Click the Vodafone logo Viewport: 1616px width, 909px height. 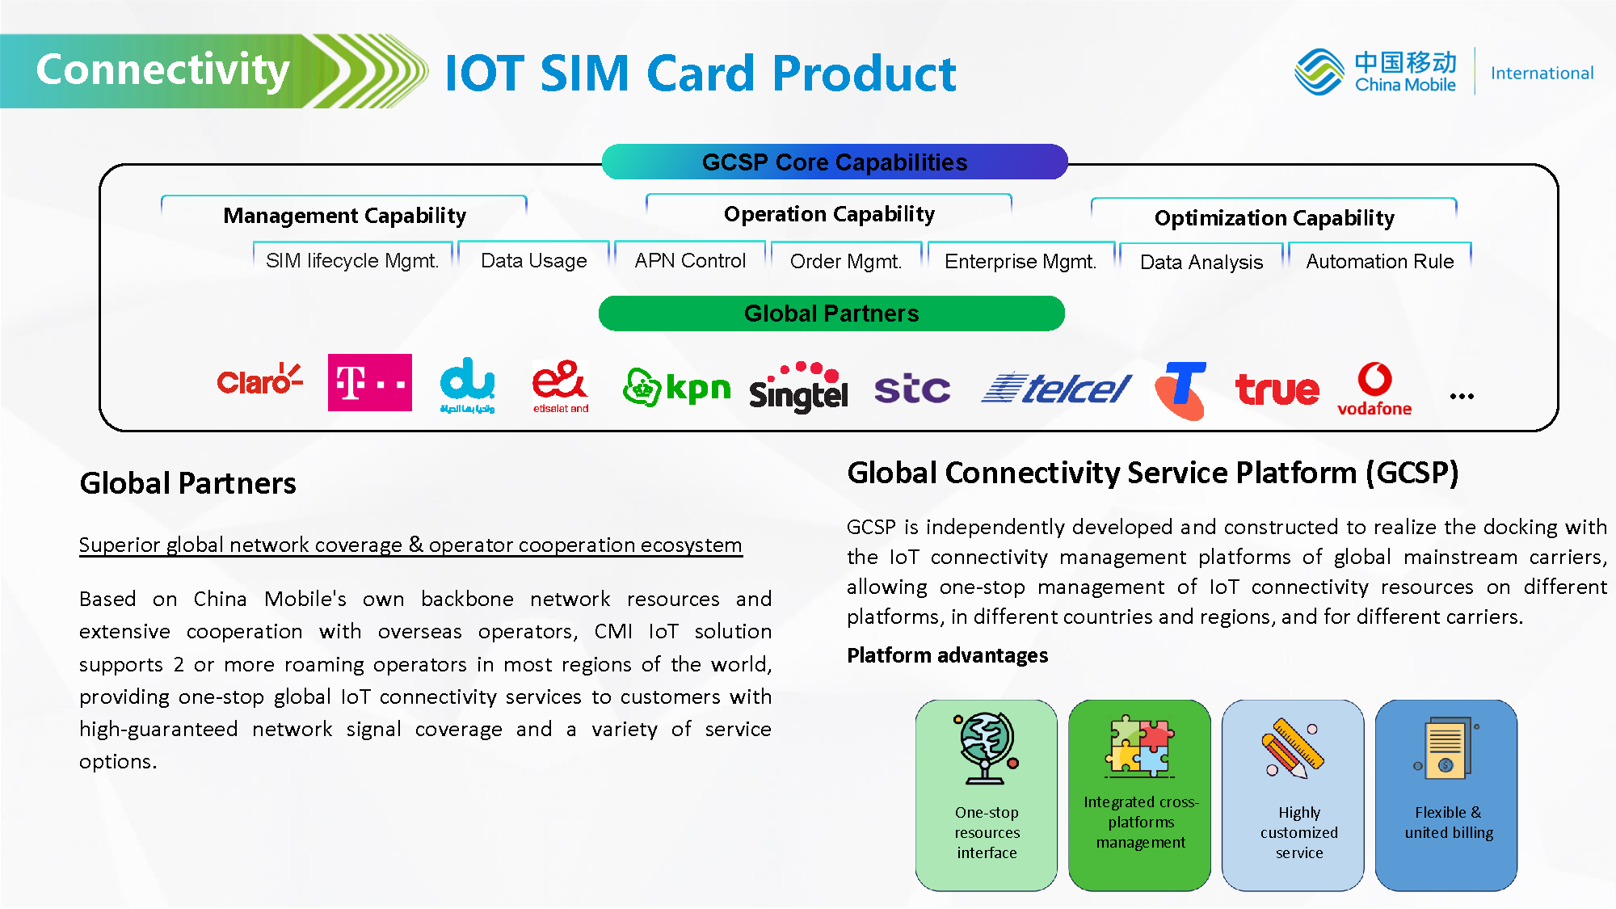[1374, 389]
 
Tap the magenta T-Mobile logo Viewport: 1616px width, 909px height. [370, 382]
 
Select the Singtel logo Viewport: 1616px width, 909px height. [798, 387]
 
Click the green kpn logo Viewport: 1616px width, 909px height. [676, 388]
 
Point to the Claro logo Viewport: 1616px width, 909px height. [259, 380]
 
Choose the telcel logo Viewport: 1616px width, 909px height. [1055, 389]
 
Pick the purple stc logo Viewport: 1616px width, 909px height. [912, 389]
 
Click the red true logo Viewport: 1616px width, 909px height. [1277, 389]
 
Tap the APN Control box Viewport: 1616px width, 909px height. [690, 260]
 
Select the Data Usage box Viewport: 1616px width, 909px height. [533, 260]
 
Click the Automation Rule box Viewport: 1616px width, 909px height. [1379, 261]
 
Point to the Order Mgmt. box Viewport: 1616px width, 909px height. [846, 261]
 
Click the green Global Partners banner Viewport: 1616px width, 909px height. [831, 314]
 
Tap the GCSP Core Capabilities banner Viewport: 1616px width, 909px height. [835, 162]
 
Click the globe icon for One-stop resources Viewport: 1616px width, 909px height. [986, 747]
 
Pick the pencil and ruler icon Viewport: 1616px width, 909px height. [1293, 747]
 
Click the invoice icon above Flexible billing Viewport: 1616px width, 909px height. [1446, 747]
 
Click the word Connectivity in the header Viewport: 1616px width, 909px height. [163, 69]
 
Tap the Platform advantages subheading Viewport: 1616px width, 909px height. [947, 655]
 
